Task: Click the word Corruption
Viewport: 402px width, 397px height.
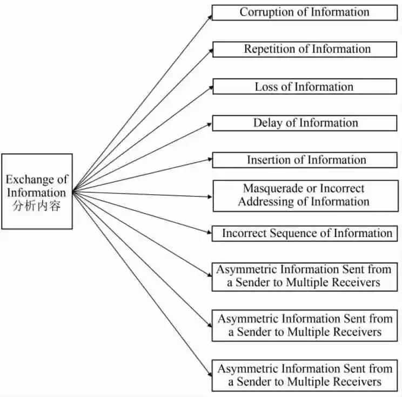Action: (262, 12)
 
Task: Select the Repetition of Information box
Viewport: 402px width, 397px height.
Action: (306, 49)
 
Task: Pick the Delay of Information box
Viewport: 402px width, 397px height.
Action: (306, 123)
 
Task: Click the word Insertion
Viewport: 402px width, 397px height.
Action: (269, 160)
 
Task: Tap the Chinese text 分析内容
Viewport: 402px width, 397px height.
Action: (36, 206)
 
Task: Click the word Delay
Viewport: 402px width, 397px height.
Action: (267, 123)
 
